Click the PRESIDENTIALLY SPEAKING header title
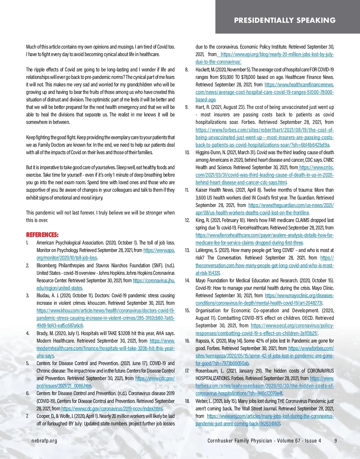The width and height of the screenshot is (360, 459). [x=285, y=20]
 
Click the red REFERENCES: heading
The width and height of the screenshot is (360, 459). [x=42, y=235]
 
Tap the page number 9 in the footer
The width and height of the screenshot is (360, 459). [x=336, y=440]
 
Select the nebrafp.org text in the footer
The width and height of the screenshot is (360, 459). [x=44, y=440]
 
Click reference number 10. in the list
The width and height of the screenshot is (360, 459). [x=187, y=152]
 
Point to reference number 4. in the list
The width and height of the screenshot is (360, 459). [x=28, y=333]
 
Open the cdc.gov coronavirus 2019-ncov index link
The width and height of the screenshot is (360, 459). [x=112, y=409]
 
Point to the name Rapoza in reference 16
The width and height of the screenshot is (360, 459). [x=203, y=341]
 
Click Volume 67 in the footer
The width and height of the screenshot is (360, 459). [x=289, y=440]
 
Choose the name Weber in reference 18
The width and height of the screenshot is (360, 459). [x=202, y=401]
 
